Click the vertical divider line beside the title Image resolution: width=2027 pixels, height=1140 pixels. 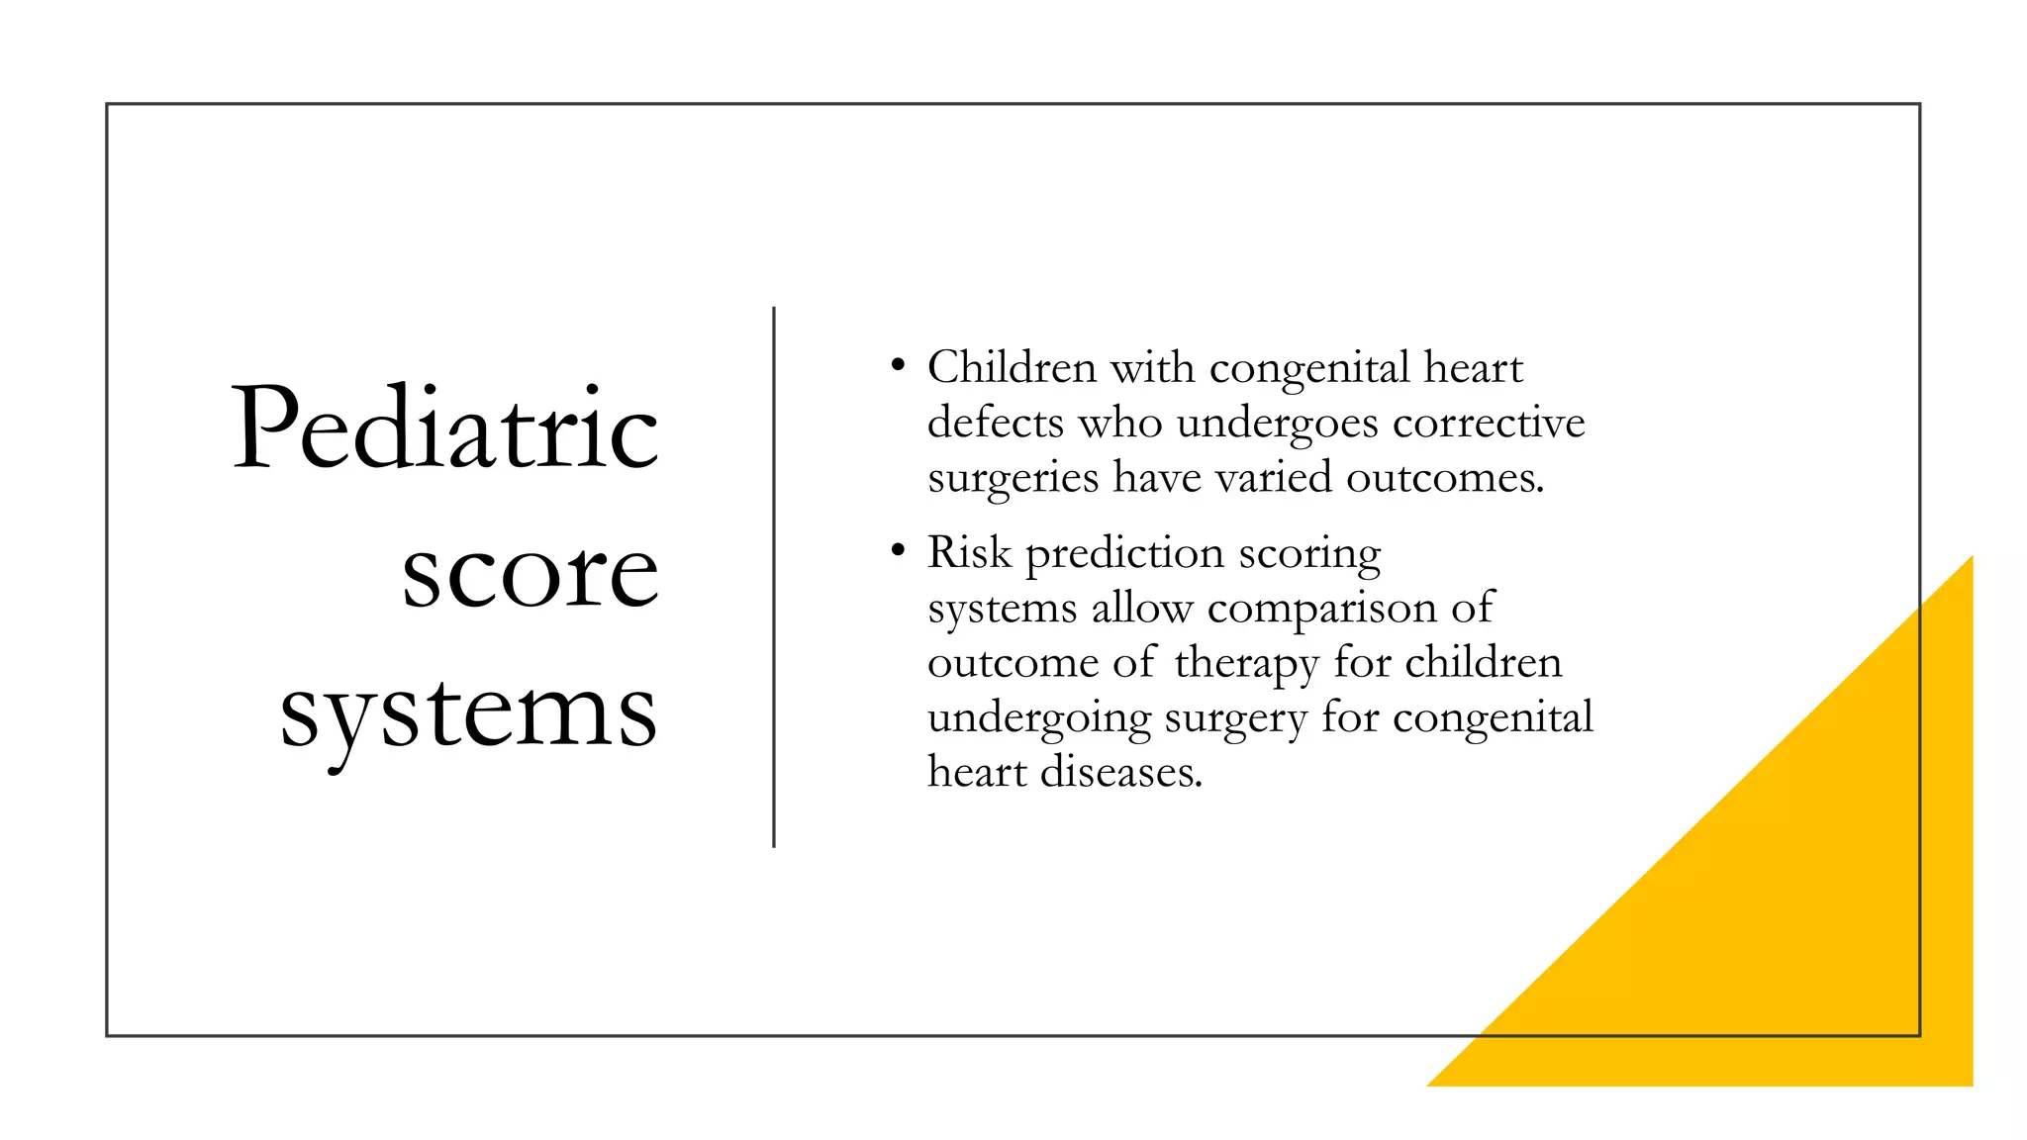(x=774, y=577)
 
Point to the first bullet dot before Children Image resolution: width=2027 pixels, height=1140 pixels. (x=898, y=366)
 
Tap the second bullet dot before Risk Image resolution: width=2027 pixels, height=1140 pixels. (x=898, y=550)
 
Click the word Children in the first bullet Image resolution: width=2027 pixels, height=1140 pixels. (x=1012, y=368)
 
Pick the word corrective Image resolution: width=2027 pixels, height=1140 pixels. (x=1489, y=424)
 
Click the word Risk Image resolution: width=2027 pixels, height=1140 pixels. (x=969, y=552)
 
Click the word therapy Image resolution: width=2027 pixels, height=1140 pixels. (x=1246, y=663)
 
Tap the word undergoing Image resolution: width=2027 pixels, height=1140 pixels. (x=1039, y=718)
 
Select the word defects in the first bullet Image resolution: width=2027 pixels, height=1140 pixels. (x=996, y=424)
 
